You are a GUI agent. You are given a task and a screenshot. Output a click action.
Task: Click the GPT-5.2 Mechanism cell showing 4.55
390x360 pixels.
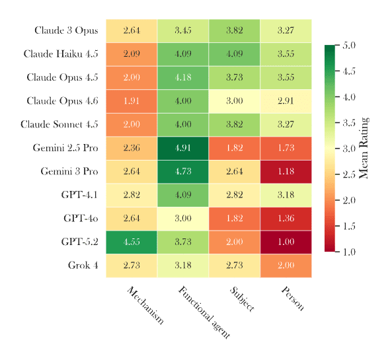pyautogui.click(x=132, y=242)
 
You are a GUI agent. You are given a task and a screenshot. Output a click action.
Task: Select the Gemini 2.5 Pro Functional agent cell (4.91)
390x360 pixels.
pyautogui.click(x=183, y=148)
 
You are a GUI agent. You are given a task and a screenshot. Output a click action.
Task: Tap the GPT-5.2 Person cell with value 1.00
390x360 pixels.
pyautogui.click(x=286, y=242)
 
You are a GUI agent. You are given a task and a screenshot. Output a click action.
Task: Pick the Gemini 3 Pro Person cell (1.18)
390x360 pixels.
pyautogui.click(x=286, y=172)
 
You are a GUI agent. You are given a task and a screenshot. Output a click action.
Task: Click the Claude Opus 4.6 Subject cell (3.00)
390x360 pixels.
pyautogui.click(x=234, y=101)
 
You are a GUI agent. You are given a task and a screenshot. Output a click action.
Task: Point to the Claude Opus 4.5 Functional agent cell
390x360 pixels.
pyautogui.click(x=183, y=77)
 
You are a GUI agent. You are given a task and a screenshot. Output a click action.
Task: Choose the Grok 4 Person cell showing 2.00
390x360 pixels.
pyautogui.click(x=286, y=266)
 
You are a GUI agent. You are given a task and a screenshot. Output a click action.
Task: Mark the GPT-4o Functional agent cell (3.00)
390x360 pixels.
pyautogui.click(x=183, y=219)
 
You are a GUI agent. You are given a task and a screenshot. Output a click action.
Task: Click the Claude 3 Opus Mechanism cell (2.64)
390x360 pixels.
pyautogui.click(x=132, y=30)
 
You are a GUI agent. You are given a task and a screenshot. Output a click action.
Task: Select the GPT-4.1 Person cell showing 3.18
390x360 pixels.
pyautogui.click(x=286, y=195)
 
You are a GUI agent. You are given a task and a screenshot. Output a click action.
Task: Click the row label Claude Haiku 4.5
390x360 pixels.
pyautogui.click(x=61, y=54)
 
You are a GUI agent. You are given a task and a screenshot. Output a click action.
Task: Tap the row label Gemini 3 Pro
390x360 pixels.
pyautogui.click(x=69, y=172)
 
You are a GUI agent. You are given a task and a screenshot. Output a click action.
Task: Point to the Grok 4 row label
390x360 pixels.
pyautogui.click(x=83, y=266)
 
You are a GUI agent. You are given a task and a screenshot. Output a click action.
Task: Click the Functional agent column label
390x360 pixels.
pyautogui.click(x=204, y=312)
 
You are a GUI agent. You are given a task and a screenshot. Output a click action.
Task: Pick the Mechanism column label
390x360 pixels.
pyautogui.click(x=145, y=305)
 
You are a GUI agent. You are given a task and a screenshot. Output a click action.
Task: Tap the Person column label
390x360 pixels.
pyautogui.click(x=293, y=298)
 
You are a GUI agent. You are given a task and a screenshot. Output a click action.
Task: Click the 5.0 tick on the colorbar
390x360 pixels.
pyautogui.click(x=349, y=46)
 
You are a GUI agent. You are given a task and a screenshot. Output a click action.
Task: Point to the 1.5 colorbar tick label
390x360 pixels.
pyautogui.click(x=349, y=226)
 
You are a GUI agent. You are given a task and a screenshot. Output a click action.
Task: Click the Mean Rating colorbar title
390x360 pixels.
pyautogui.click(x=364, y=148)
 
